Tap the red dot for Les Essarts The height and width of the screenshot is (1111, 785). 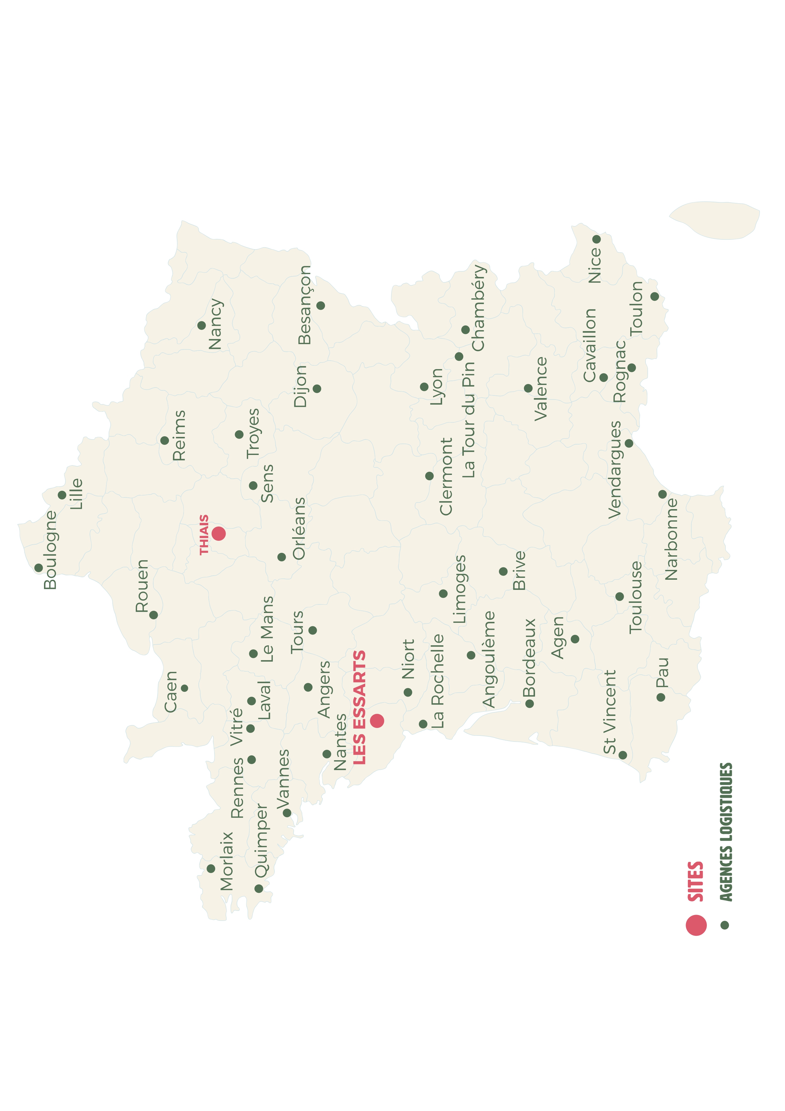click(377, 721)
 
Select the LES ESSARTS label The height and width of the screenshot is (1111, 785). click(359, 707)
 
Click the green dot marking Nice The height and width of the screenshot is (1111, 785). click(596, 239)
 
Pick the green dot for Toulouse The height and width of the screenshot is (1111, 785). click(619, 596)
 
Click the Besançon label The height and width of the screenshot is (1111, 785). click(305, 305)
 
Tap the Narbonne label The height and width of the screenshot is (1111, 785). click(671, 539)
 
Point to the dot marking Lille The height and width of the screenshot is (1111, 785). click(62, 495)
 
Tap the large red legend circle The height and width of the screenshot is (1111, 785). click(696, 925)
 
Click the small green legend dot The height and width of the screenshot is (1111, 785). click(725, 925)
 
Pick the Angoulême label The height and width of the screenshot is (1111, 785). click(489, 659)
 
